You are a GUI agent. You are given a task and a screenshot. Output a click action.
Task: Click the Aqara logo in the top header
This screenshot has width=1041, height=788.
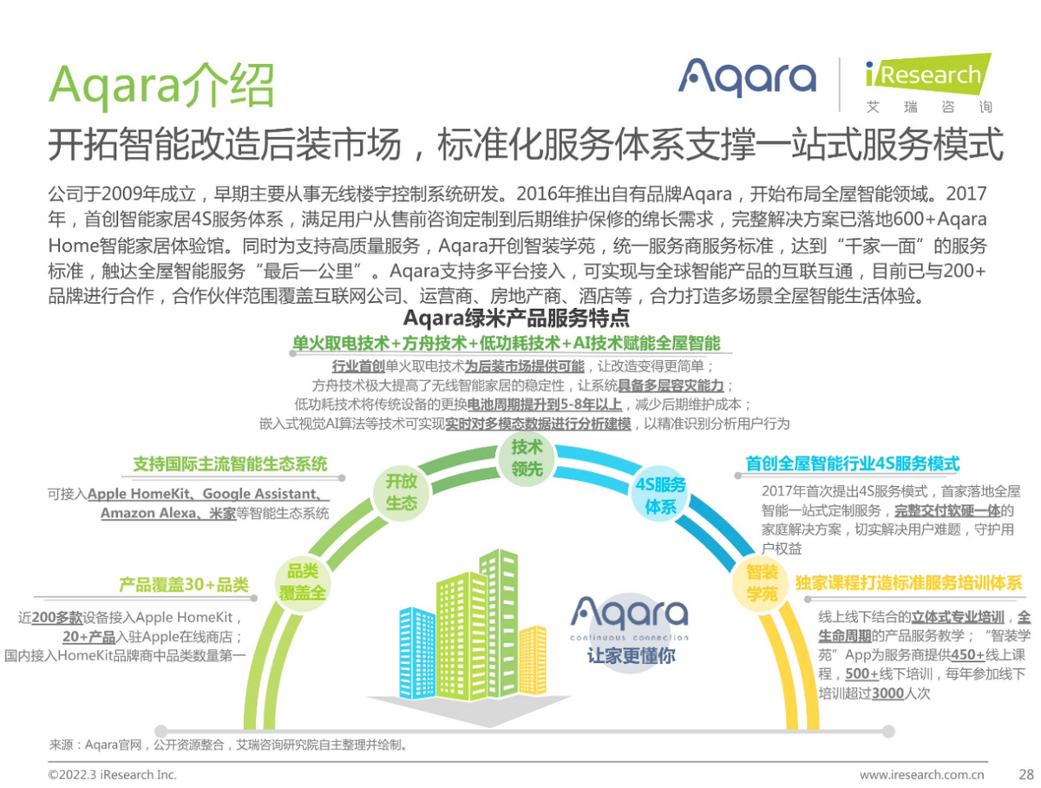tap(747, 77)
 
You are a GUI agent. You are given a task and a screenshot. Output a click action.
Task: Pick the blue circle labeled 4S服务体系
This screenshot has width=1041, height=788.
tap(660, 496)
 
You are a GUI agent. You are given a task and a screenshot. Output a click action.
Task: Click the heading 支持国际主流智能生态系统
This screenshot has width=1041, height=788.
tap(230, 464)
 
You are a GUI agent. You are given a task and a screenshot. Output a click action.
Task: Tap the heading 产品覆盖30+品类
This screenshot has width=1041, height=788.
tap(183, 585)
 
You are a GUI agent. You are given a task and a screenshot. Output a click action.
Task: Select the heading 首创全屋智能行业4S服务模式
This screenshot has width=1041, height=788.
tap(853, 464)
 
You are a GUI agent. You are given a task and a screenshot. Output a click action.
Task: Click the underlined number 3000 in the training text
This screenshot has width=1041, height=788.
tap(887, 693)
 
